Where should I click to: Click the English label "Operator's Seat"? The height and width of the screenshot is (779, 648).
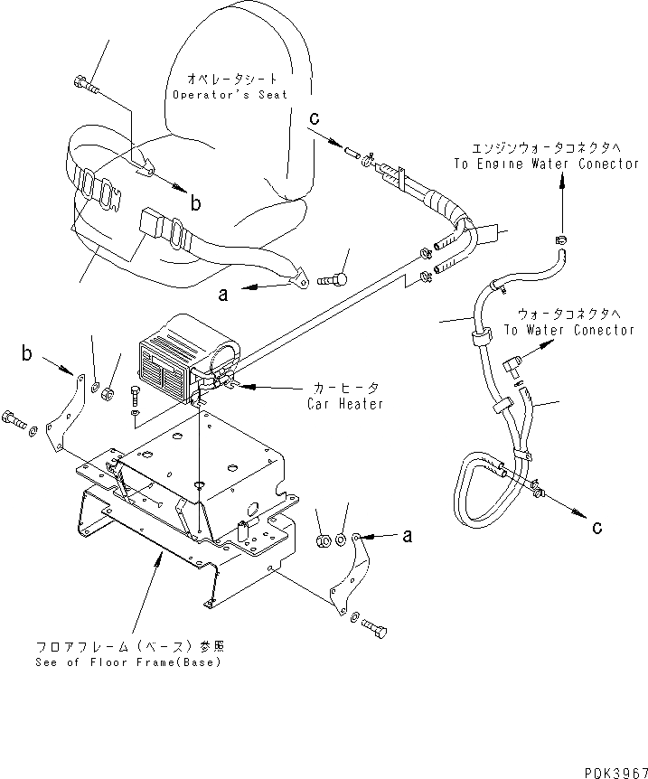point(230,95)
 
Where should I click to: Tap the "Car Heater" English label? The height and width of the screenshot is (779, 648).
point(344,404)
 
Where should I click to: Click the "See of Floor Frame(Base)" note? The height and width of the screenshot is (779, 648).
point(130,662)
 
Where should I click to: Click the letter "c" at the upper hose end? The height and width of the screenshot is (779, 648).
point(314,117)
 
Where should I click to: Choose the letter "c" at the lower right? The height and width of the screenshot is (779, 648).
point(598,528)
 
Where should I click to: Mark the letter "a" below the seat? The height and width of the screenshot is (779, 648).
point(222,293)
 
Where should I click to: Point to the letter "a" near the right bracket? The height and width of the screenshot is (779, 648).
point(408,535)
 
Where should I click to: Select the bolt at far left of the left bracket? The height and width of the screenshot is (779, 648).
point(14,418)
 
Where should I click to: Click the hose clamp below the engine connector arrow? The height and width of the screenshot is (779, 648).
point(559,239)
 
